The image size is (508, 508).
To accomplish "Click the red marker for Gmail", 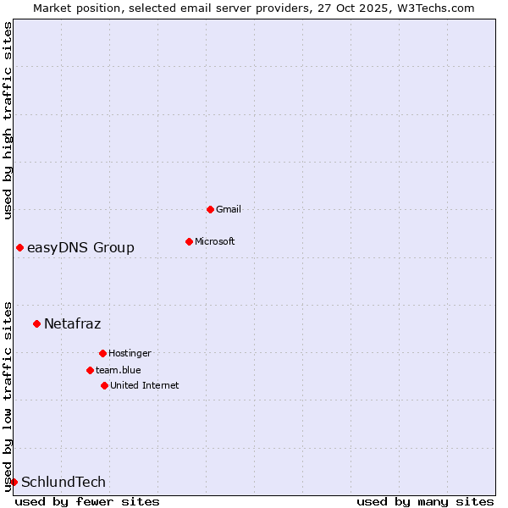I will pos(210,209).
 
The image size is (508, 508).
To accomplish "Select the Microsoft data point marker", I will pos(189,241).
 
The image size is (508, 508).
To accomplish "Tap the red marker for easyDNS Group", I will pos(19,247).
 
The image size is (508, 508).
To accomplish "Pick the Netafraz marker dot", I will pos(36,323).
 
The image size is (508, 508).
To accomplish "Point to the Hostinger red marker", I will pos(102,353).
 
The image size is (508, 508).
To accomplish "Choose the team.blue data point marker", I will pos(90,370).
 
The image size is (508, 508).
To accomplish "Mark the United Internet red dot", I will pos(104,385).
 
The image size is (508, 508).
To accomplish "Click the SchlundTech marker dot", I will pos(14,482).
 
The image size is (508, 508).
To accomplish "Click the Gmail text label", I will pos(229,209).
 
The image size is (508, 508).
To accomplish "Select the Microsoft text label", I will pos(215,241).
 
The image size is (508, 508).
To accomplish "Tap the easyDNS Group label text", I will pos(80,247).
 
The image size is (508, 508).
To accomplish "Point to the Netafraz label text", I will pos(72,323).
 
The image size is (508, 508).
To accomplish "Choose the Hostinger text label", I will pos(130,353).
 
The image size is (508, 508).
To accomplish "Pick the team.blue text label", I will pos(119,370).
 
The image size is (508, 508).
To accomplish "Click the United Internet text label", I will pos(145,385).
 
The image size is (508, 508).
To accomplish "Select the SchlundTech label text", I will pos(63,482).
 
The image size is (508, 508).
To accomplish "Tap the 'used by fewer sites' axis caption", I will pos(87,501).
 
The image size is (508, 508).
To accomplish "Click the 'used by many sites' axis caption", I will pos(425,501).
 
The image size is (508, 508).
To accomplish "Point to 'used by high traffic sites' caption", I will pos(8,120).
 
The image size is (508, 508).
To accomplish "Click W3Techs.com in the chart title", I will pos(436,8).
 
